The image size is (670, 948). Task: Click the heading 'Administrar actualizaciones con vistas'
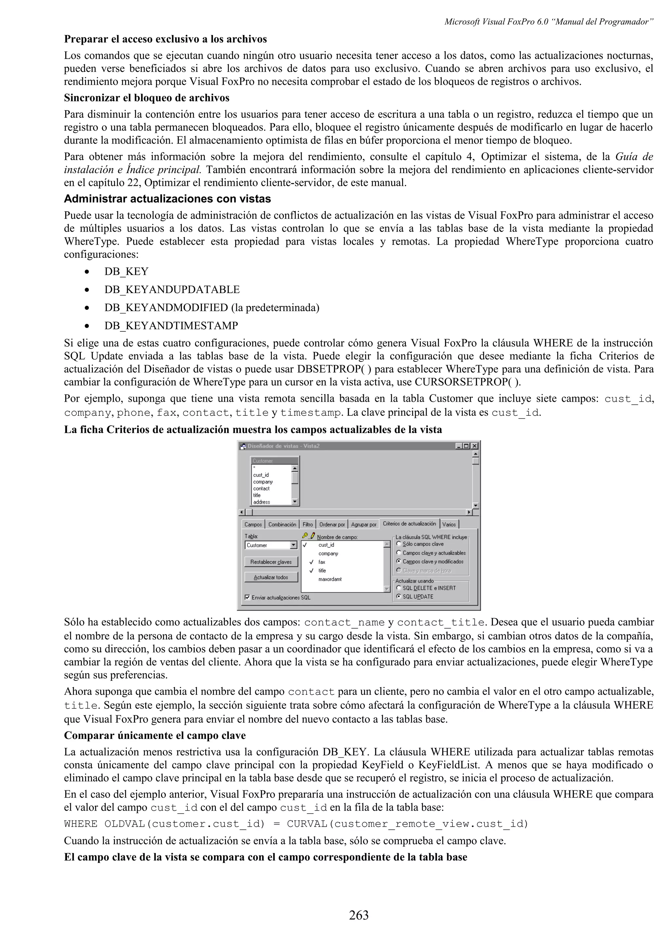coord(167,199)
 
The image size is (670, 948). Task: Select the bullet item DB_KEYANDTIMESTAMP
coord(171,326)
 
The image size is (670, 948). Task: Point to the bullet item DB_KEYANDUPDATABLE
coord(172,290)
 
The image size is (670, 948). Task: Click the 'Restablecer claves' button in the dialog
coord(271,562)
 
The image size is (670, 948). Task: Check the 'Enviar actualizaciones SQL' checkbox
coord(247,597)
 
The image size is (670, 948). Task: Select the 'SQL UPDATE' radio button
coord(399,596)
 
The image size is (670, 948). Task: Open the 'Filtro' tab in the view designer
coord(308,524)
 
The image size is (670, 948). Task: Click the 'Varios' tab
coord(449,524)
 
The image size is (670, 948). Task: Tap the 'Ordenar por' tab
coord(332,524)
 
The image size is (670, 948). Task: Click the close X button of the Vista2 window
coord(474,446)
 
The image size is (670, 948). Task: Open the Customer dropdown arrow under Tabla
coord(293,545)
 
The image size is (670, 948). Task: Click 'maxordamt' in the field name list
coord(330,579)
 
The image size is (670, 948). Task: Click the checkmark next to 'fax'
coord(311,562)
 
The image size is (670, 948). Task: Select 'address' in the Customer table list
coord(262,502)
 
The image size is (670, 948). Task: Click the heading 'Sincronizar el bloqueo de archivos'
coord(147,98)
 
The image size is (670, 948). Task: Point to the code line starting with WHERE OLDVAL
coord(296,824)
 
